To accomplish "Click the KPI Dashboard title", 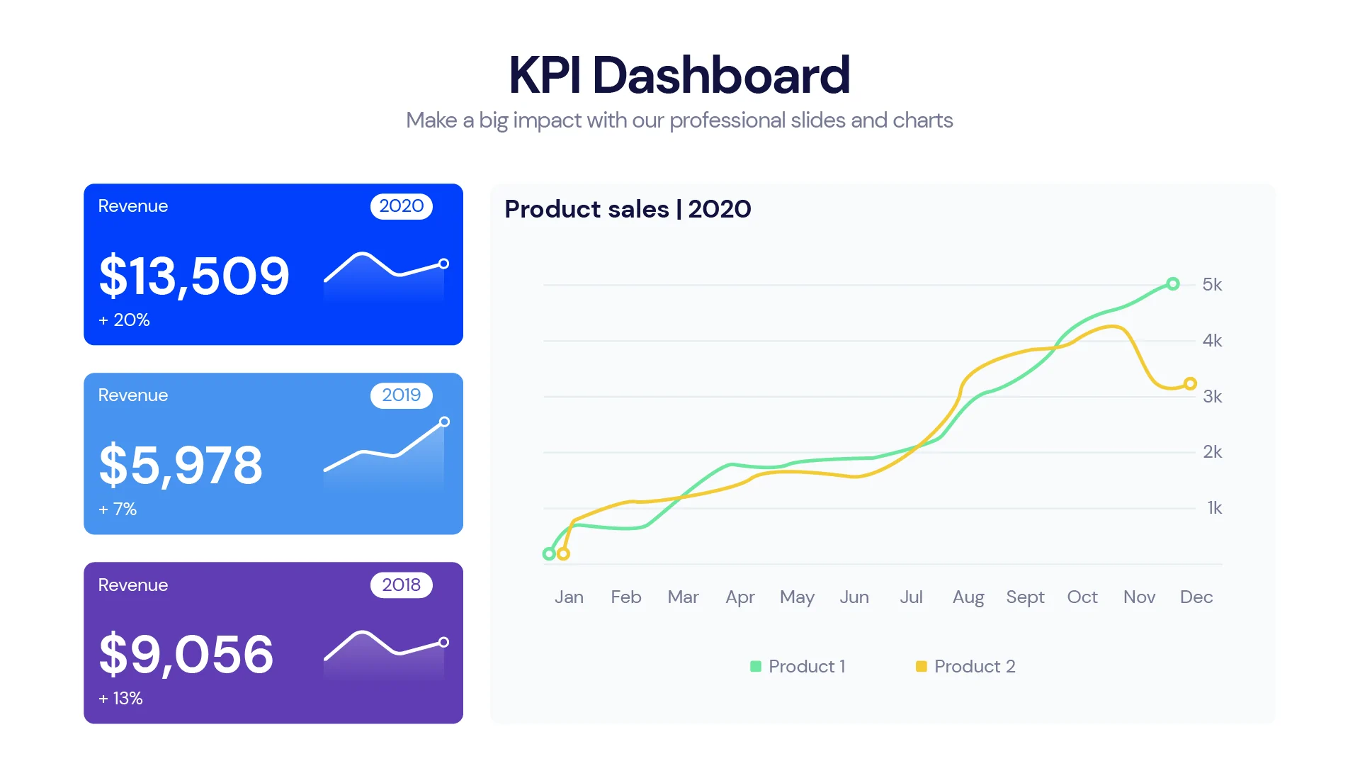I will click(679, 75).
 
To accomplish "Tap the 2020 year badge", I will click(401, 206).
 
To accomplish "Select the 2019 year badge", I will click(401, 395).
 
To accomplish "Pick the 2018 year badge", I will click(401, 585).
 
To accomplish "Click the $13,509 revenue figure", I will click(194, 276).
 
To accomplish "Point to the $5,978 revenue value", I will click(181, 466).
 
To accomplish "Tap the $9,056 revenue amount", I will click(186, 654).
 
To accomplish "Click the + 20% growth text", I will click(124, 320).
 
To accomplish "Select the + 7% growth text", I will click(118, 509).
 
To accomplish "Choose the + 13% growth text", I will click(120, 699).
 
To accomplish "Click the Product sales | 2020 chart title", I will click(628, 210).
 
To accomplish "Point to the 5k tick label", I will click(1212, 285).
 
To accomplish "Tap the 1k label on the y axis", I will click(1214, 508).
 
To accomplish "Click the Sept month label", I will click(1025, 597).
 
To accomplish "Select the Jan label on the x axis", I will click(569, 597).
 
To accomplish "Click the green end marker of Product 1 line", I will click(1173, 284).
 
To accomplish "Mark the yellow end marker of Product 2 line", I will click(1190, 383).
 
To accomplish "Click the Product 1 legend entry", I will click(798, 666).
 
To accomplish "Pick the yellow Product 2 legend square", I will click(921, 666).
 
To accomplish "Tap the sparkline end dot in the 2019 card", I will click(444, 422).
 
